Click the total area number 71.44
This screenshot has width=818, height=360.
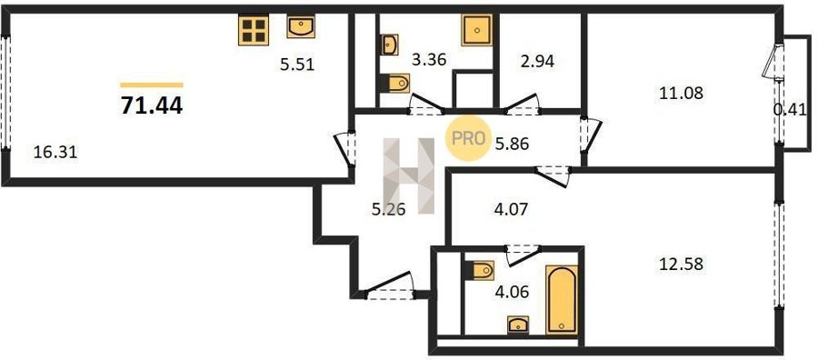[x=151, y=106]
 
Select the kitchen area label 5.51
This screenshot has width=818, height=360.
[x=297, y=65]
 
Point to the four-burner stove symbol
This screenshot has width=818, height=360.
[x=254, y=30]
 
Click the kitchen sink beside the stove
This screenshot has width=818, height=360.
[x=301, y=26]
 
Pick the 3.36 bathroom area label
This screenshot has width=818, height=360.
[x=429, y=60]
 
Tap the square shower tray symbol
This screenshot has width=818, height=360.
[x=477, y=30]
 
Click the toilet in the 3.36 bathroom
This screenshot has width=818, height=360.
[x=395, y=83]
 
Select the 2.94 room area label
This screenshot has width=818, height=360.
[x=536, y=61]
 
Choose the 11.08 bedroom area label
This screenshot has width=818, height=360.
[x=682, y=94]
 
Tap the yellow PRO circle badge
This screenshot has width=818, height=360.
[x=468, y=139]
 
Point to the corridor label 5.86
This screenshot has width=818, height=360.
[x=512, y=144]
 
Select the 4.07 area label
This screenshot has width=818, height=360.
[x=510, y=210]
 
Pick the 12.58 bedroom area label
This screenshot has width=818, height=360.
[x=682, y=264]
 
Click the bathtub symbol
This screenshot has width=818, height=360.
[x=562, y=299]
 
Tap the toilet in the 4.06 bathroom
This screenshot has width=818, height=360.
[x=479, y=271]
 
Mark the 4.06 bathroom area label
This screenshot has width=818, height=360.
[x=511, y=292]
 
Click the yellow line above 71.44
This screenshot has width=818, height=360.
[x=152, y=85]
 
